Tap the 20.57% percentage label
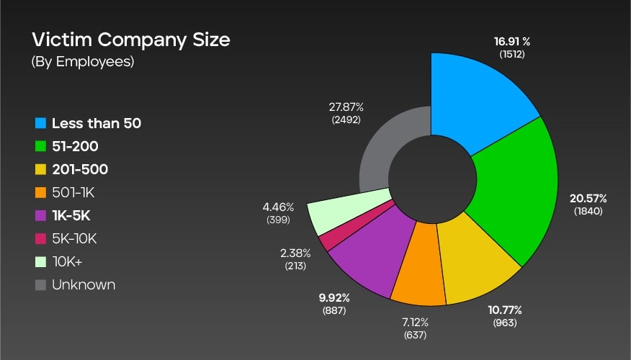589,197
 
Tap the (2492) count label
346,120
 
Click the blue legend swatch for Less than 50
41,123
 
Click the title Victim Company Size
130,40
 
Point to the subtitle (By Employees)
83,61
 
